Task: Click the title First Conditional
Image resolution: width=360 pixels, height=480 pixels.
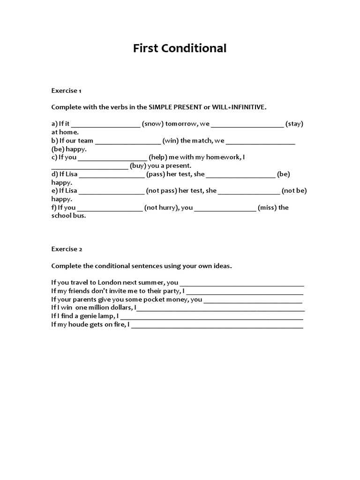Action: [180, 48]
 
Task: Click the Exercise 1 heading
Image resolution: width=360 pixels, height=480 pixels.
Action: [67, 90]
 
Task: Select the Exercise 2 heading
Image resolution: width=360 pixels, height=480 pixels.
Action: [67, 249]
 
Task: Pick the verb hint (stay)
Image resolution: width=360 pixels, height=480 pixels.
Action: [294, 124]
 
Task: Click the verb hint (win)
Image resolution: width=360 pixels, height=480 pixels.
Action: [171, 141]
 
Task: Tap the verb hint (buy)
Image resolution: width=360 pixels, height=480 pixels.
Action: [139, 166]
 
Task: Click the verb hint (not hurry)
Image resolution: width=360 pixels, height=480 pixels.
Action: [160, 208]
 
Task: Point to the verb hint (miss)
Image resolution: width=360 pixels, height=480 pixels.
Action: [267, 208]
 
